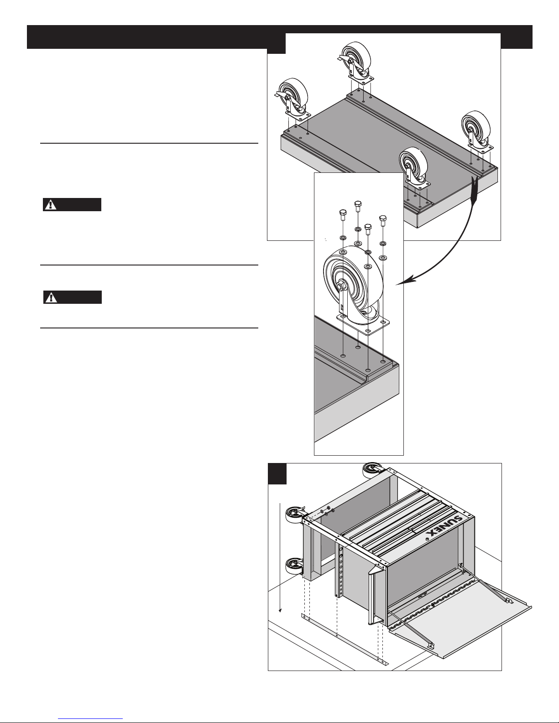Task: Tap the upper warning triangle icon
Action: [x=51, y=205]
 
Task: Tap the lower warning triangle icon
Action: [x=51, y=297]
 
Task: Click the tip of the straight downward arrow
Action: [x=280, y=612]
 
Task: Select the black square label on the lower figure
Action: [x=277, y=473]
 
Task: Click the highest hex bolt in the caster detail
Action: [x=358, y=206]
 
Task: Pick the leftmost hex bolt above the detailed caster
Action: [x=343, y=215]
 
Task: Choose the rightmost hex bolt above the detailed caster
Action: [x=383, y=221]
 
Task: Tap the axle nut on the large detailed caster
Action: [x=341, y=286]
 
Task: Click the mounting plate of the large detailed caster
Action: [x=363, y=324]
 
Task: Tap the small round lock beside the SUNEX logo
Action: [x=428, y=539]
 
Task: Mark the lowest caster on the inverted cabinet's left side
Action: [x=295, y=566]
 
